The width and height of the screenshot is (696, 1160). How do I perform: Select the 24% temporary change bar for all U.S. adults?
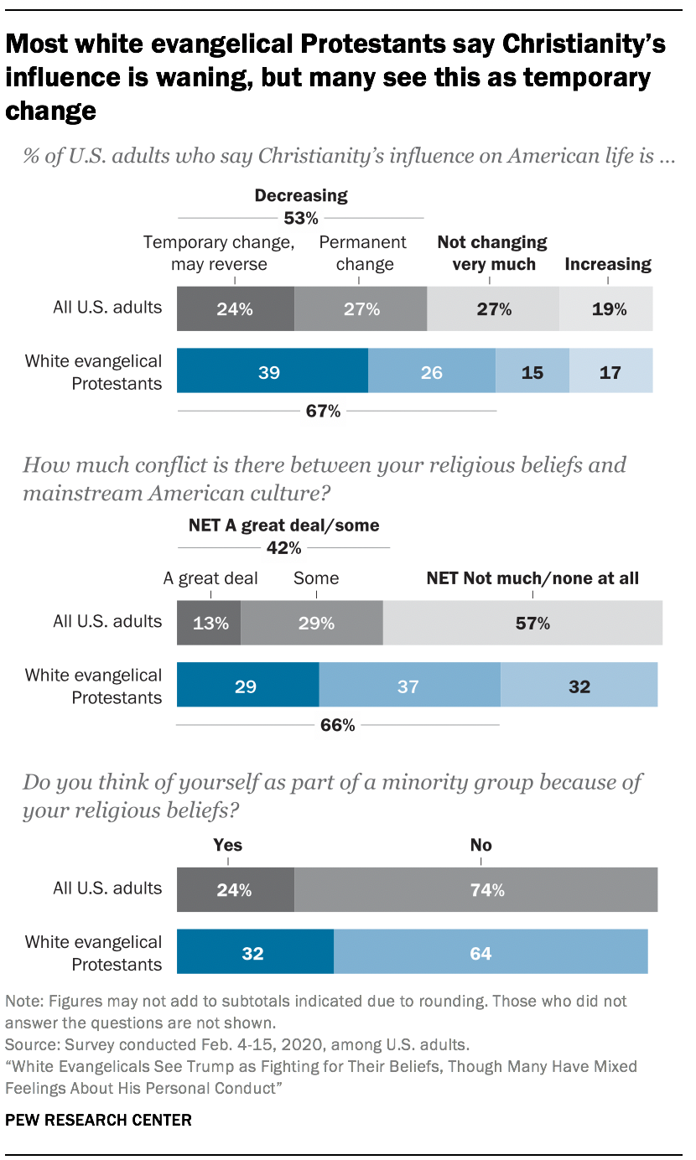pyautogui.click(x=235, y=308)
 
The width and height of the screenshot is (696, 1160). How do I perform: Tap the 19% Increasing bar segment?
pyautogui.click(x=605, y=308)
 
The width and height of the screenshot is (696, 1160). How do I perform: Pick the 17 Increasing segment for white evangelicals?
pyautogui.click(x=610, y=372)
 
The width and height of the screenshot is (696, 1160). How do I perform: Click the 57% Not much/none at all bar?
pyautogui.click(x=522, y=623)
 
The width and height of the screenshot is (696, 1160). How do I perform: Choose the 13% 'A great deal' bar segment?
pyautogui.click(x=209, y=623)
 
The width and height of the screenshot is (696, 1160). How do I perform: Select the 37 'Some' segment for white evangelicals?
pyautogui.click(x=409, y=686)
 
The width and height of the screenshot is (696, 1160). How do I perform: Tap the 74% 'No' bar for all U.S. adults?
pyautogui.click(x=475, y=890)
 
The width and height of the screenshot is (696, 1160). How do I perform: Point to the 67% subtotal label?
pyautogui.click(x=323, y=411)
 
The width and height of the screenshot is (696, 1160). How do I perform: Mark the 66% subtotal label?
pyautogui.click(x=338, y=725)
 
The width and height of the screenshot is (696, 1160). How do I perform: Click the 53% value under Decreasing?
pyautogui.click(x=300, y=219)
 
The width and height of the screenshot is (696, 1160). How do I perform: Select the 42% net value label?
pyautogui.click(x=283, y=548)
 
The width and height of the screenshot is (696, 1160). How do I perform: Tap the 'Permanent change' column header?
pyautogui.click(x=362, y=253)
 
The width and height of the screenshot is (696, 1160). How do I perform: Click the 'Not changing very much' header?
pyautogui.click(x=492, y=253)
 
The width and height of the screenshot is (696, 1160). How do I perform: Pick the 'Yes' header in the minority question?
pyautogui.click(x=228, y=845)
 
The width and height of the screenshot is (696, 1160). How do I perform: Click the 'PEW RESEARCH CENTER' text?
pyautogui.click(x=98, y=1119)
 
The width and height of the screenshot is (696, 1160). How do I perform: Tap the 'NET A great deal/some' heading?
pyautogui.click(x=283, y=526)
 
